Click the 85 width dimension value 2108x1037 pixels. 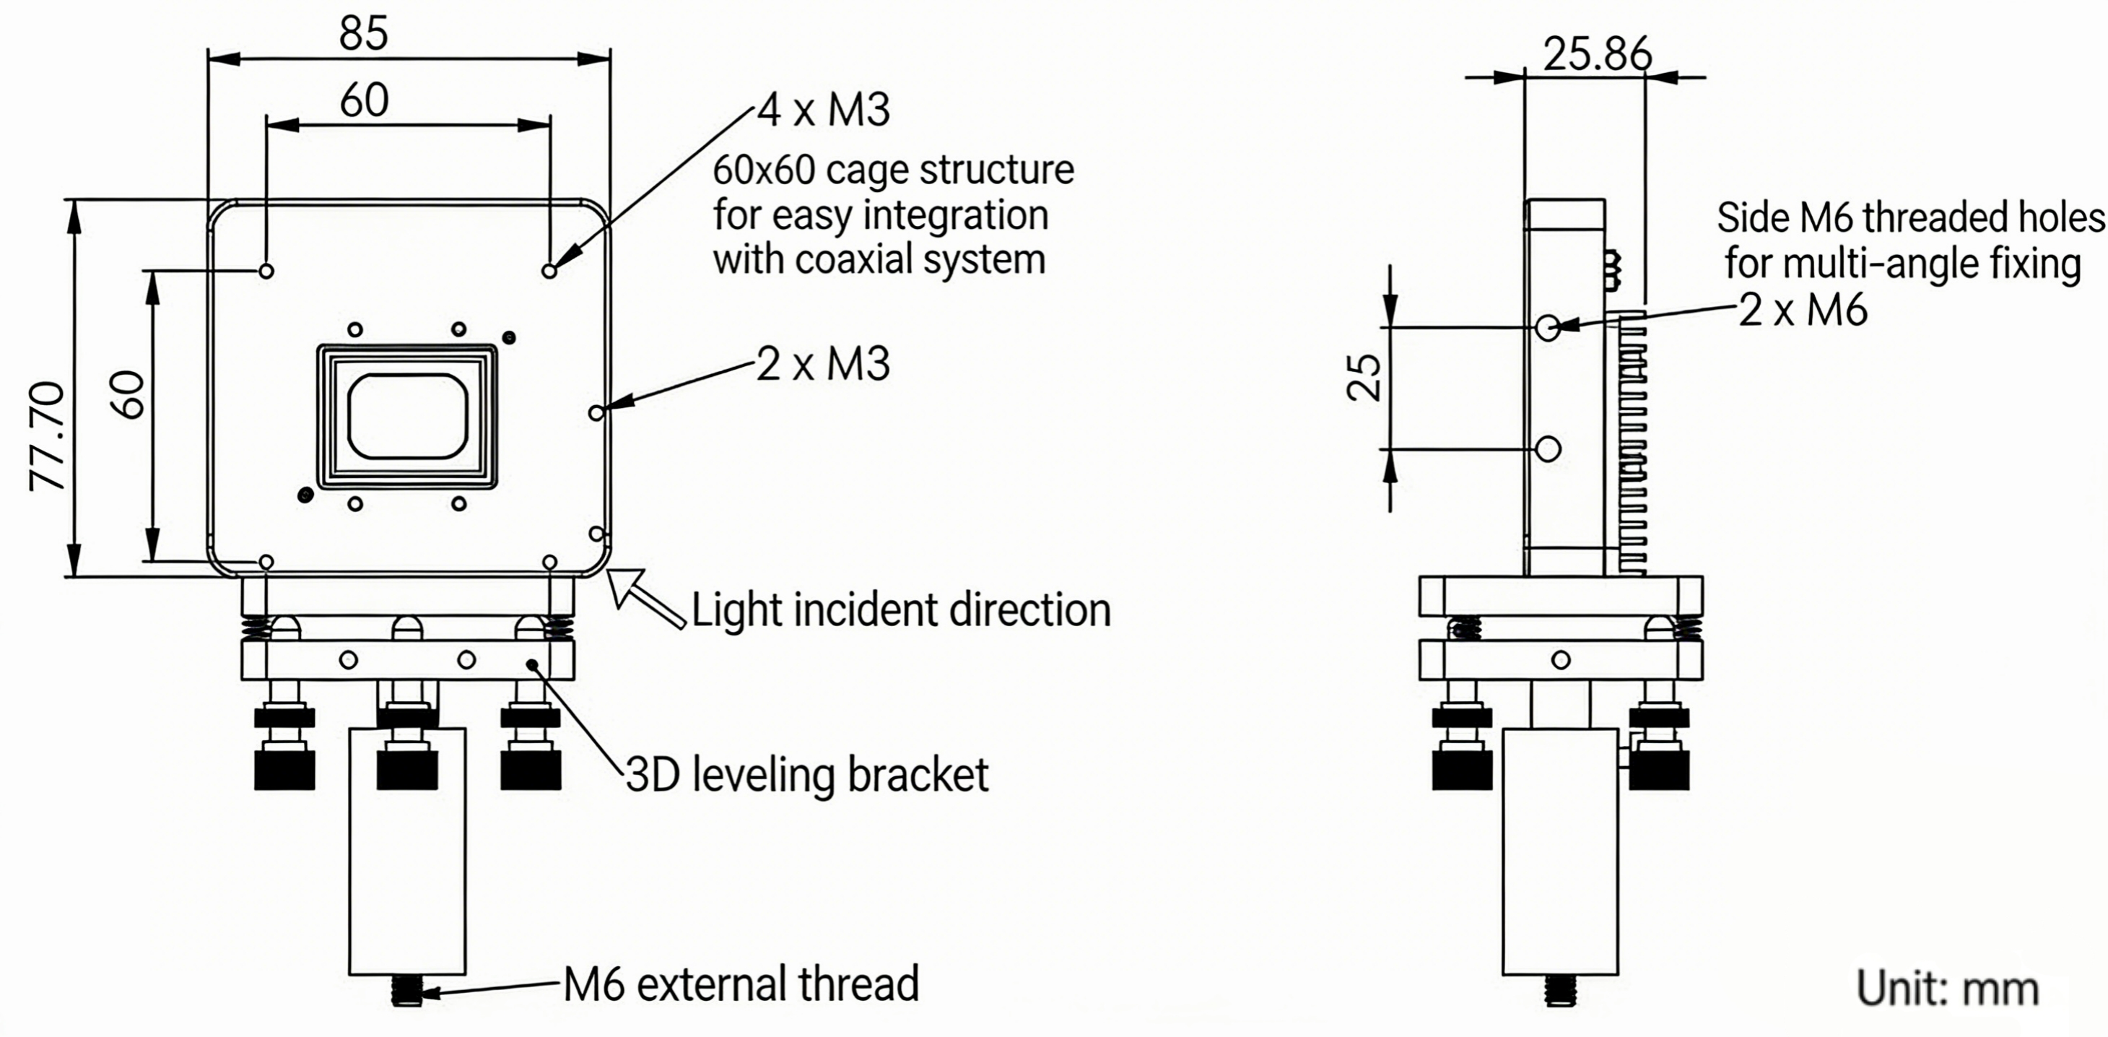point(363,35)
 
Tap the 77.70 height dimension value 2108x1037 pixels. point(48,436)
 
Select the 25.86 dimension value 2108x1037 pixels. point(1597,55)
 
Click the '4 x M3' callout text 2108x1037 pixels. point(823,110)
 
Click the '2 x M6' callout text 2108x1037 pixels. point(1803,311)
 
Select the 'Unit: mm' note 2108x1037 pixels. point(1947,988)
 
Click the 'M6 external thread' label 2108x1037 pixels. point(741,984)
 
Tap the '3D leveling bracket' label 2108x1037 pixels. point(807,775)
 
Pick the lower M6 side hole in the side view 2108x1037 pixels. point(1549,448)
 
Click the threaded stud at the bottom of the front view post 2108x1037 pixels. point(406,990)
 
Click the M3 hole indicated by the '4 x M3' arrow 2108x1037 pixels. point(550,270)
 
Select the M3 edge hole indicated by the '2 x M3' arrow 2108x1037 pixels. point(596,412)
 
